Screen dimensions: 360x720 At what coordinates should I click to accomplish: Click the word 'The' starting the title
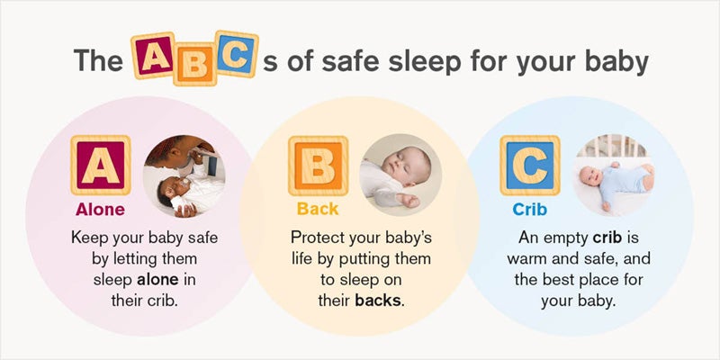tap(97, 61)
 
